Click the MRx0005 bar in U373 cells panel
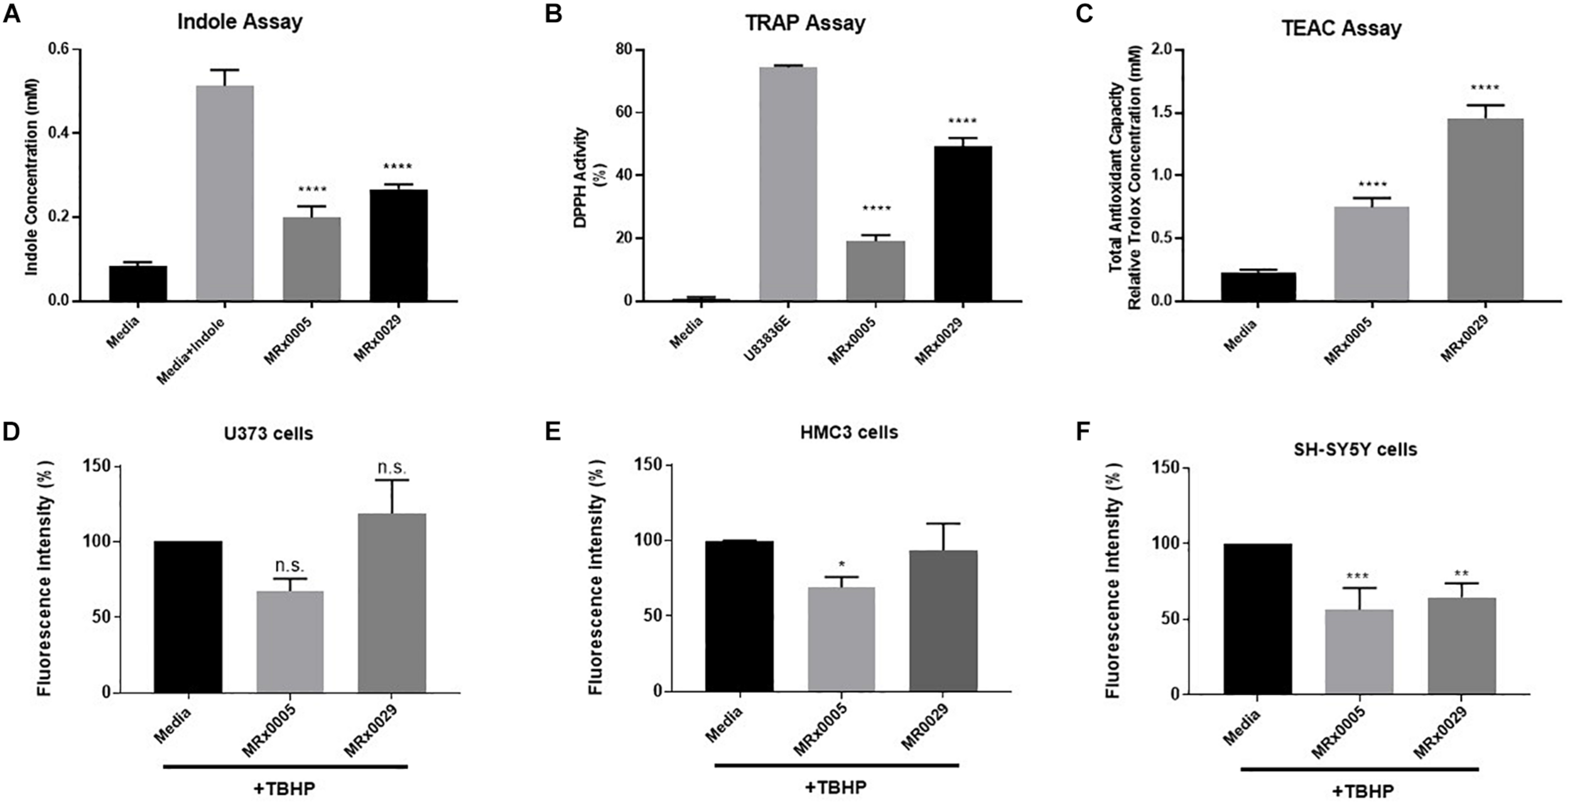(290, 642)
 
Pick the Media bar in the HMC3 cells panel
(739, 616)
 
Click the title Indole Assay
(240, 22)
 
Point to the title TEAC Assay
(1342, 28)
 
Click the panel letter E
(553, 432)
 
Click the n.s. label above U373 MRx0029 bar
(392, 468)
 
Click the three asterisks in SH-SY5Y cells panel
(1360, 576)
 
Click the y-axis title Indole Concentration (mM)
(31, 177)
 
